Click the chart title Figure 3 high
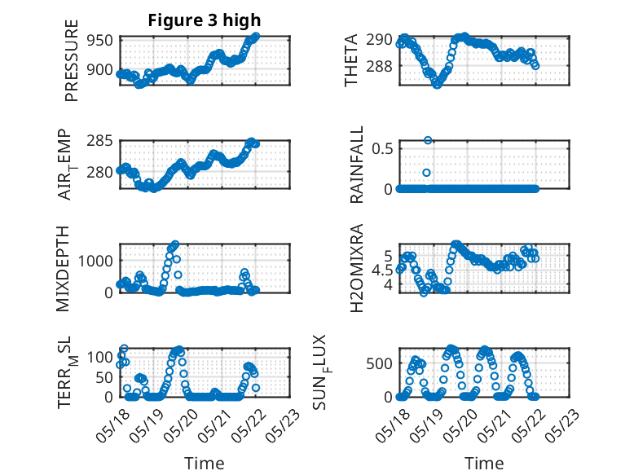(x=205, y=20)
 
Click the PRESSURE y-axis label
(x=71, y=60)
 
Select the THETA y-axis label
(x=351, y=60)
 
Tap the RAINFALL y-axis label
(x=357, y=165)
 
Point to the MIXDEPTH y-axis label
(x=63, y=269)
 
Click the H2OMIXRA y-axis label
(x=357, y=268)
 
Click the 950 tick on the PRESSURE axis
(x=99, y=41)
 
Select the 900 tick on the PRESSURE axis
(x=99, y=69)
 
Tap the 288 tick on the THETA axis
(x=379, y=66)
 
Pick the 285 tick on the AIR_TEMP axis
(x=99, y=141)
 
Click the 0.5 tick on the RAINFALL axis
(x=382, y=148)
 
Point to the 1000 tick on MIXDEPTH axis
(x=95, y=261)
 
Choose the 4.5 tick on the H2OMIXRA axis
(x=382, y=270)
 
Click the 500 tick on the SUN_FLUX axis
(x=379, y=364)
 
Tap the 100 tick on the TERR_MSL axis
(x=99, y=357)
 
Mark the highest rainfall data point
(x=428, y=140)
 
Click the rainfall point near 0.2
(x=426, y=173)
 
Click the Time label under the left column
(x=205, y=463)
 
